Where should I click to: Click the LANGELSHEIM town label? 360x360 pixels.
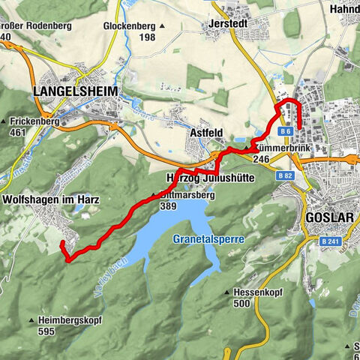(67, 91)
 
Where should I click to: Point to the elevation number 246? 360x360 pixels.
(261, 159)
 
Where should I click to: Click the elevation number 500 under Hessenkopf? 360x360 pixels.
(241, 304)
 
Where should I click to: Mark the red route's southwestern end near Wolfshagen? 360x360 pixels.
(61, 244)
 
